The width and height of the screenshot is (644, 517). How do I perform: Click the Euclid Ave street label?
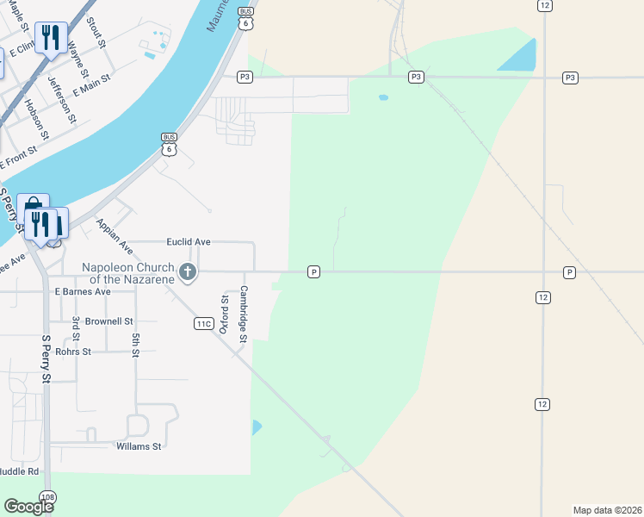point(189,243)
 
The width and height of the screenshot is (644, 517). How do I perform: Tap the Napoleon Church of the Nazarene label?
point(129,273)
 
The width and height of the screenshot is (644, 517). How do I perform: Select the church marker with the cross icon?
point(187,274)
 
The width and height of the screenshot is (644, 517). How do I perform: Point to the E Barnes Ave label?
point(83,292)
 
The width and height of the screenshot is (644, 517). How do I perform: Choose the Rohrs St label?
point(73,352)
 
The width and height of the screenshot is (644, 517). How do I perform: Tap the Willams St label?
point(139,446)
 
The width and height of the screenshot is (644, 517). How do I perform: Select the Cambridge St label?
point(244,314)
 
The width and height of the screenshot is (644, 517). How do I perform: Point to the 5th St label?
point(136,346)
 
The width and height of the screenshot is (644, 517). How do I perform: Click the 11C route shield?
point(203,323)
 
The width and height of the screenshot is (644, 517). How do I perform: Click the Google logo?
point(28,506)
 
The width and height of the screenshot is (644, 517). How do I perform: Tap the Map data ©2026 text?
point(607,509)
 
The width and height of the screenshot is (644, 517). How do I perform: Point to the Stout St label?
point(96,30)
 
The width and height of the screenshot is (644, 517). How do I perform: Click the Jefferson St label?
point(62,100)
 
